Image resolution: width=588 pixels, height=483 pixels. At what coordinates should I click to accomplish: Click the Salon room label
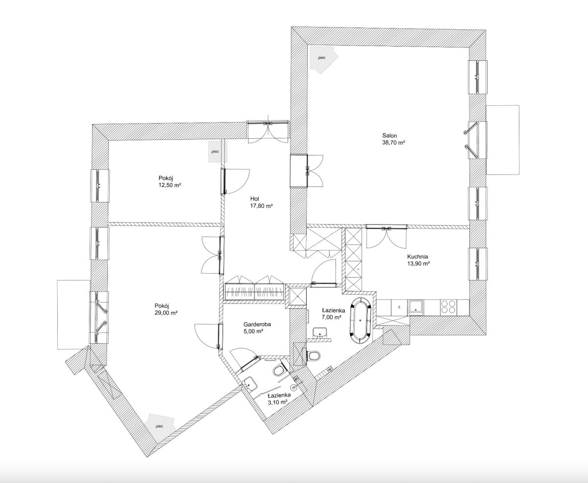point(390,136)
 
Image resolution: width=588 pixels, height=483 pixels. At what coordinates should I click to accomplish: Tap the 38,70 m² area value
point(393,143)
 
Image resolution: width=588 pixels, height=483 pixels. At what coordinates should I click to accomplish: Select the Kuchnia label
point(417,257)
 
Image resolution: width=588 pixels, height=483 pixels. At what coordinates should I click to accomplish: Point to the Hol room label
point(254,199)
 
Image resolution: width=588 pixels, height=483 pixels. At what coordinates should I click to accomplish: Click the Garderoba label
point(257,324)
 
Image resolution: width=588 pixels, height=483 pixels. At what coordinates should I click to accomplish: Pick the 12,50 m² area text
point(170,185)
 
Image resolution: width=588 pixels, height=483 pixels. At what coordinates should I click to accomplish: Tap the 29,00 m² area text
point(166,313)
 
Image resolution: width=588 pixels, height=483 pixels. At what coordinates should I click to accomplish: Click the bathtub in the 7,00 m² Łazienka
point(361,320)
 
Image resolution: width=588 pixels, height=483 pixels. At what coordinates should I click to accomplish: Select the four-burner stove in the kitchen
point(448,307)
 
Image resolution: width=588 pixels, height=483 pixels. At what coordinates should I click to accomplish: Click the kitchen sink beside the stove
point(416,307)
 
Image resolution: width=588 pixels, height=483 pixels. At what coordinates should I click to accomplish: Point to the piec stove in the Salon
point(323,58)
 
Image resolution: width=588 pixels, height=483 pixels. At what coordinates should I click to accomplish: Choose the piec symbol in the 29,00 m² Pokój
point(160,426)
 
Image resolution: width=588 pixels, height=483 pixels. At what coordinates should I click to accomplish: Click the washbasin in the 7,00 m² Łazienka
point(319,333)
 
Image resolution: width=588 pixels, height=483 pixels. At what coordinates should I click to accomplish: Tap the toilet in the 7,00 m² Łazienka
point(314,356)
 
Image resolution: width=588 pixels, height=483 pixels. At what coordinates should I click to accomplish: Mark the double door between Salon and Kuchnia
point(386,237)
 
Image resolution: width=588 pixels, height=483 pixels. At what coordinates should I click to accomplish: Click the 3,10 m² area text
point(278,403)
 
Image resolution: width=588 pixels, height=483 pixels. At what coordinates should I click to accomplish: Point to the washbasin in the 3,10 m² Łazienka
point(250,384)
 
